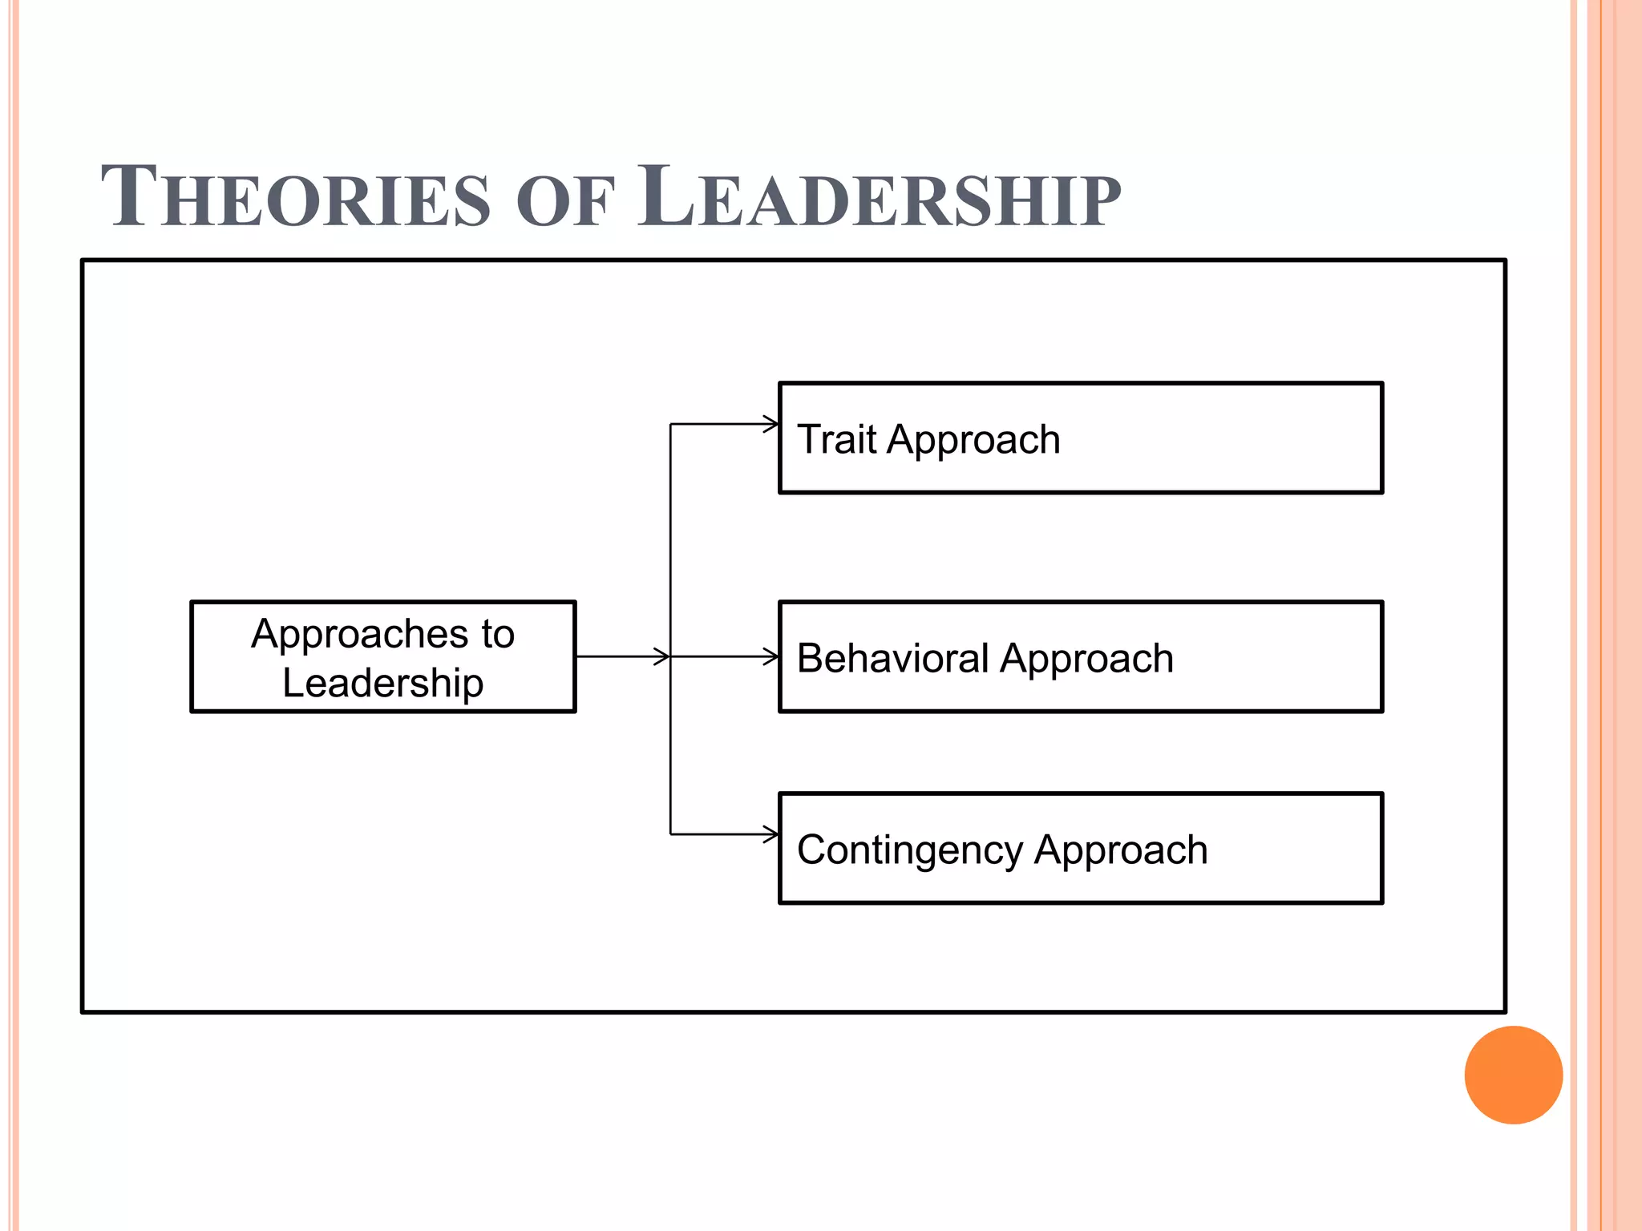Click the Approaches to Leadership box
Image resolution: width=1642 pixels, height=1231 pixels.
383,657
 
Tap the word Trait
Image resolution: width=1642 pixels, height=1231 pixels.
837,439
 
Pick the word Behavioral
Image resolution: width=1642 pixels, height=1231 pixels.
892,658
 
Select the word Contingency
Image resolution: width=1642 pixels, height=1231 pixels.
909,850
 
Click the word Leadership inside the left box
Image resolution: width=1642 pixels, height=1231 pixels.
383,683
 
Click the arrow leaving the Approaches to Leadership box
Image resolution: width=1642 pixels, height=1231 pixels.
622,657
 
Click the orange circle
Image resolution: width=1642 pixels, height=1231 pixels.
1513,1075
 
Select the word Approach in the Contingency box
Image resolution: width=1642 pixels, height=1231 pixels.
1120,851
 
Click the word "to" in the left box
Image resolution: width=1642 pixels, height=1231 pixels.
498,635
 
